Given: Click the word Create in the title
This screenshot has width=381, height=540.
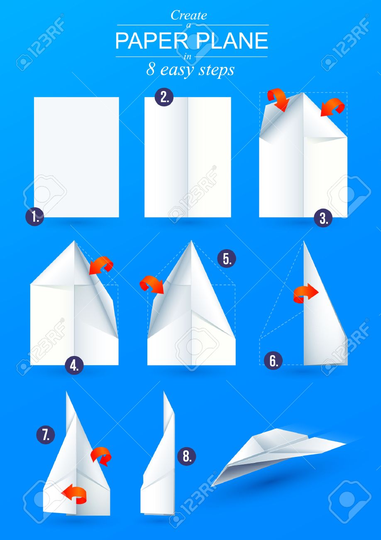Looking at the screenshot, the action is (x=189, y=16).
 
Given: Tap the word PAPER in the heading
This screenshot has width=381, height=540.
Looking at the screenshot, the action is (x=151, y=40).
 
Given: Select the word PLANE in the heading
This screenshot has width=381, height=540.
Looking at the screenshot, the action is (x=232, y=40).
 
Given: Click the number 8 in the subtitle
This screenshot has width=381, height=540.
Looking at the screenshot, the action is (x=151, y=70).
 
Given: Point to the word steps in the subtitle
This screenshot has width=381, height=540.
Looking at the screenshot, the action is (x=216, y=71).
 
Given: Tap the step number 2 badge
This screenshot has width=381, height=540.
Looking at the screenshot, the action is (x=164, y=97).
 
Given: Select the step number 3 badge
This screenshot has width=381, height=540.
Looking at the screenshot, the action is (x=323, y=218).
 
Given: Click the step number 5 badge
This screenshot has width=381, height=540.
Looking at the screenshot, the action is (x=227, y=258).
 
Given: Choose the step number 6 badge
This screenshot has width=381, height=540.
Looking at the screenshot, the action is (x=273, y=361).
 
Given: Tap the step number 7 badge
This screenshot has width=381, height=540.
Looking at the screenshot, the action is (x=46, y=435).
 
